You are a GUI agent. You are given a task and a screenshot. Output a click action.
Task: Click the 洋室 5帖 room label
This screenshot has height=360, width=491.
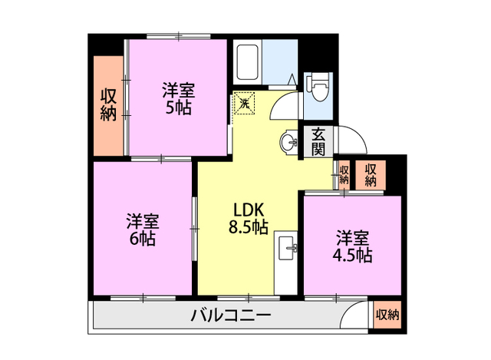[177, 98]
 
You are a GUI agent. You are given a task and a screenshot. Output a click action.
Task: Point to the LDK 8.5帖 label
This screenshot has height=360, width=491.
[248, 217]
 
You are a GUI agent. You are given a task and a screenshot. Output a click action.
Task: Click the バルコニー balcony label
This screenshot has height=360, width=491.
[230, 315]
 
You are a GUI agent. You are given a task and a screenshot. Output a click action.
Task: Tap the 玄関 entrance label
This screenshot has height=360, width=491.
[318, 142]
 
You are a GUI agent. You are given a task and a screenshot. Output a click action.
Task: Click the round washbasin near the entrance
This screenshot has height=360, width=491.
[288, 142]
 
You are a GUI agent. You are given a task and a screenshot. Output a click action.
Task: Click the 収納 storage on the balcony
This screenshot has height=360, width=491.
[387, 315]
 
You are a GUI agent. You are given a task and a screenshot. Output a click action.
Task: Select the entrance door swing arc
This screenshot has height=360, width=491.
[354, 138]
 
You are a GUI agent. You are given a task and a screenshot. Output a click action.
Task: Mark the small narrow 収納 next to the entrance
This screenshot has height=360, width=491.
[344, 175]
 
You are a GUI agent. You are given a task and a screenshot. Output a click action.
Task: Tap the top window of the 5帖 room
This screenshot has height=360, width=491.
[177, 36]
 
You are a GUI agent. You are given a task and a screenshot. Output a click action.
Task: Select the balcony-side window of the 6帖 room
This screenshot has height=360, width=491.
[143, 297]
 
